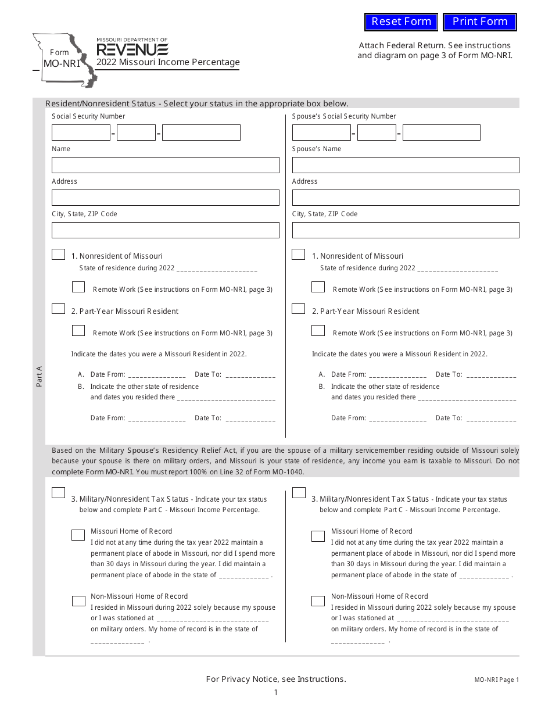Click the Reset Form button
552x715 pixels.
[x=401, y=22]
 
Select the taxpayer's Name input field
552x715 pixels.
[x=165, y=165]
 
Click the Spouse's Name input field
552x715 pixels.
[x=405, y=165]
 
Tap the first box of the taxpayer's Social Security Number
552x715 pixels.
[x=81, y=133]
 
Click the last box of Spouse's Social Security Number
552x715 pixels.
[x=441, y=133]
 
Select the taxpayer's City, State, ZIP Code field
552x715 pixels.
[x=165, y=230]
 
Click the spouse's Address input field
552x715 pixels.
[x=405, y=198]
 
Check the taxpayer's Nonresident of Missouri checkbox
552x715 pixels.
[x=58, y=255]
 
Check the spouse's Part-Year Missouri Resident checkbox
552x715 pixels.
[x=298, y=309]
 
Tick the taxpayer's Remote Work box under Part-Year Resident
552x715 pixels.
[x=78, y=331]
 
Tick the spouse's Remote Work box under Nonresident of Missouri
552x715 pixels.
[x=318, y=287]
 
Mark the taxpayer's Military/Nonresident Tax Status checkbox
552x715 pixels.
[x=58, y=493]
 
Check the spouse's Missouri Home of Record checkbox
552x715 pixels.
[x=318, y=536]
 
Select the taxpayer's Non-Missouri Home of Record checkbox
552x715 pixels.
[x=78, y=601]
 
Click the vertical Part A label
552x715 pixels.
[x=39, y=376]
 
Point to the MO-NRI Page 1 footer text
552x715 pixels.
[x=496, y=680]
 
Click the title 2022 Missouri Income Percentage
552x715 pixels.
[x=168, y=62]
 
